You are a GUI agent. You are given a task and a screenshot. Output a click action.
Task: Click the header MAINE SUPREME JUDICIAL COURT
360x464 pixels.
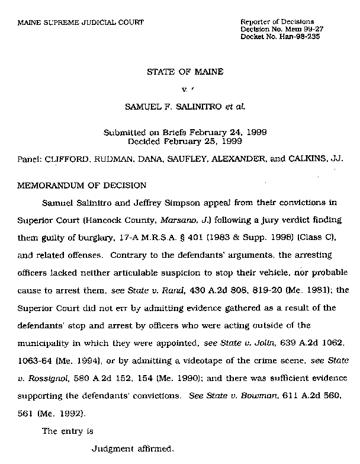point(81,23)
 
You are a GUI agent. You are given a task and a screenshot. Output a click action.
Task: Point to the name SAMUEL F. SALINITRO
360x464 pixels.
point(164,108)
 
